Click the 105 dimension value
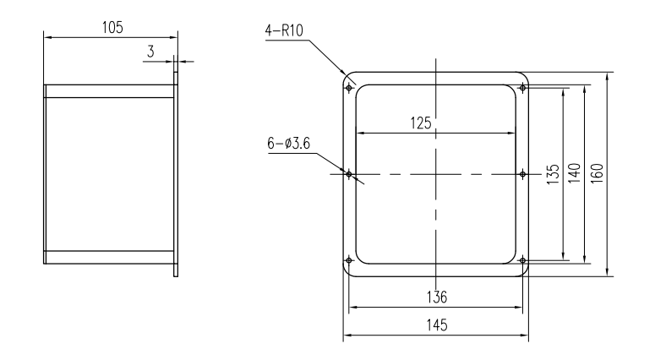point(112,28)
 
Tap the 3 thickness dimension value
point(150,52)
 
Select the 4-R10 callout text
point(284,30)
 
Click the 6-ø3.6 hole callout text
point(289,144)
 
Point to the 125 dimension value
point(421,123)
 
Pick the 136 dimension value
point(437,297)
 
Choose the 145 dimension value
point(437,325)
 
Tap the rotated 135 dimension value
point(553,174)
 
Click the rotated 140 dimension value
point(574,173)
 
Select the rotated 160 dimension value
point(597,173)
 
